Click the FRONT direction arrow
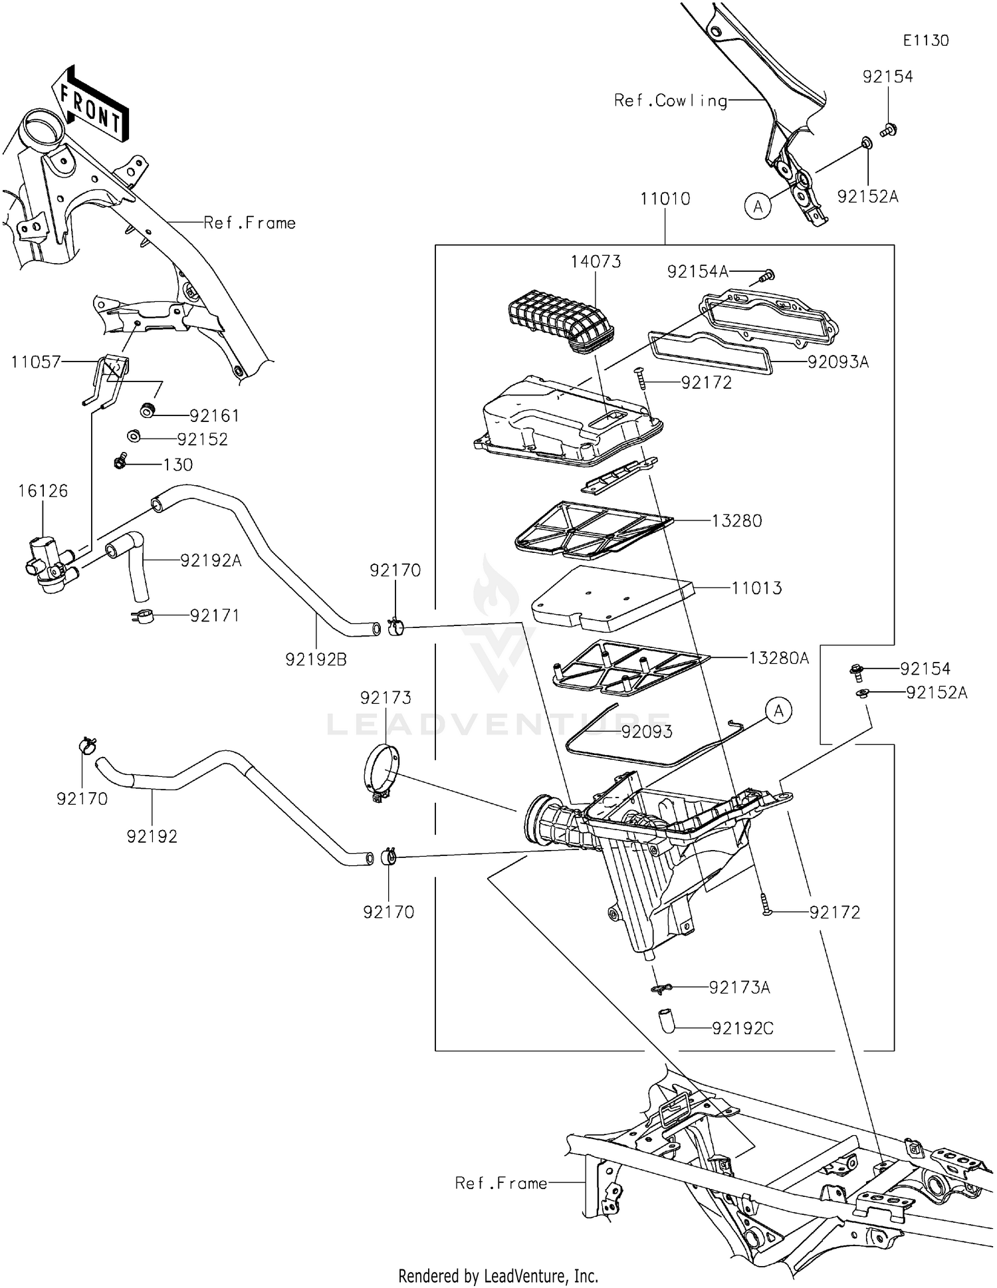(91, 106)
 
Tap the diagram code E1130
(925, 41)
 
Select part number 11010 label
(665, 199)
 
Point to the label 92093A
(837, 362)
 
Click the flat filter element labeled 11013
(611, 597)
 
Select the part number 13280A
(778, 658)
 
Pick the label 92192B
(316, 659)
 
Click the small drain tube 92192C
(666, 1020)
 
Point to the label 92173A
(739, 988)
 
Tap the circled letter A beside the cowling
(758, 207)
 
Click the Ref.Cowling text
(670, 101)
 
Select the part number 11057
(36, 362)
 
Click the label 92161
(214, 416)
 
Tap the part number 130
(178, 465)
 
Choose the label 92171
(214, 615)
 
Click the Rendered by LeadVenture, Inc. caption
(498, 1275)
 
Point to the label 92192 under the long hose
(152, 837)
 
